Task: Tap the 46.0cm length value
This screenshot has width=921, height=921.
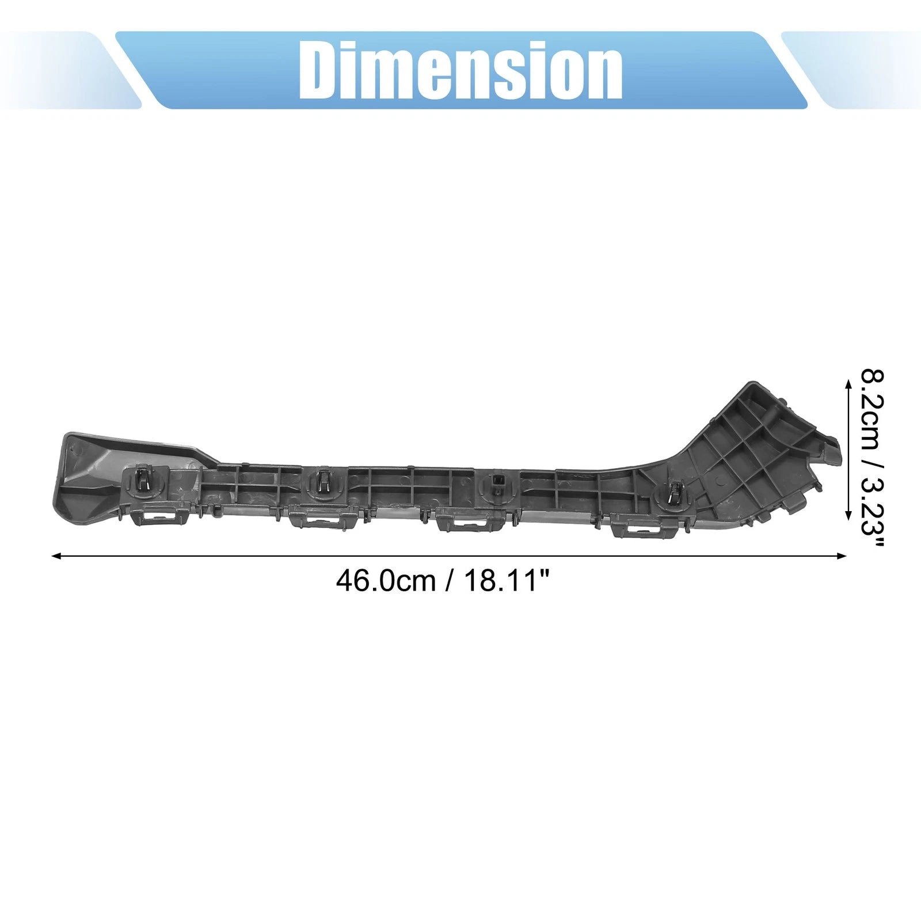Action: click(x=386, y=581)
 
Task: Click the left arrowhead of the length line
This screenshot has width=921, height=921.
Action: click(x=56, y=556)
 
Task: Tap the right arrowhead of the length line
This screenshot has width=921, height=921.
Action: click(x=842, y=556)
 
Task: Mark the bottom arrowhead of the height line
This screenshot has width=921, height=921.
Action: click(x=848, y=515)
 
